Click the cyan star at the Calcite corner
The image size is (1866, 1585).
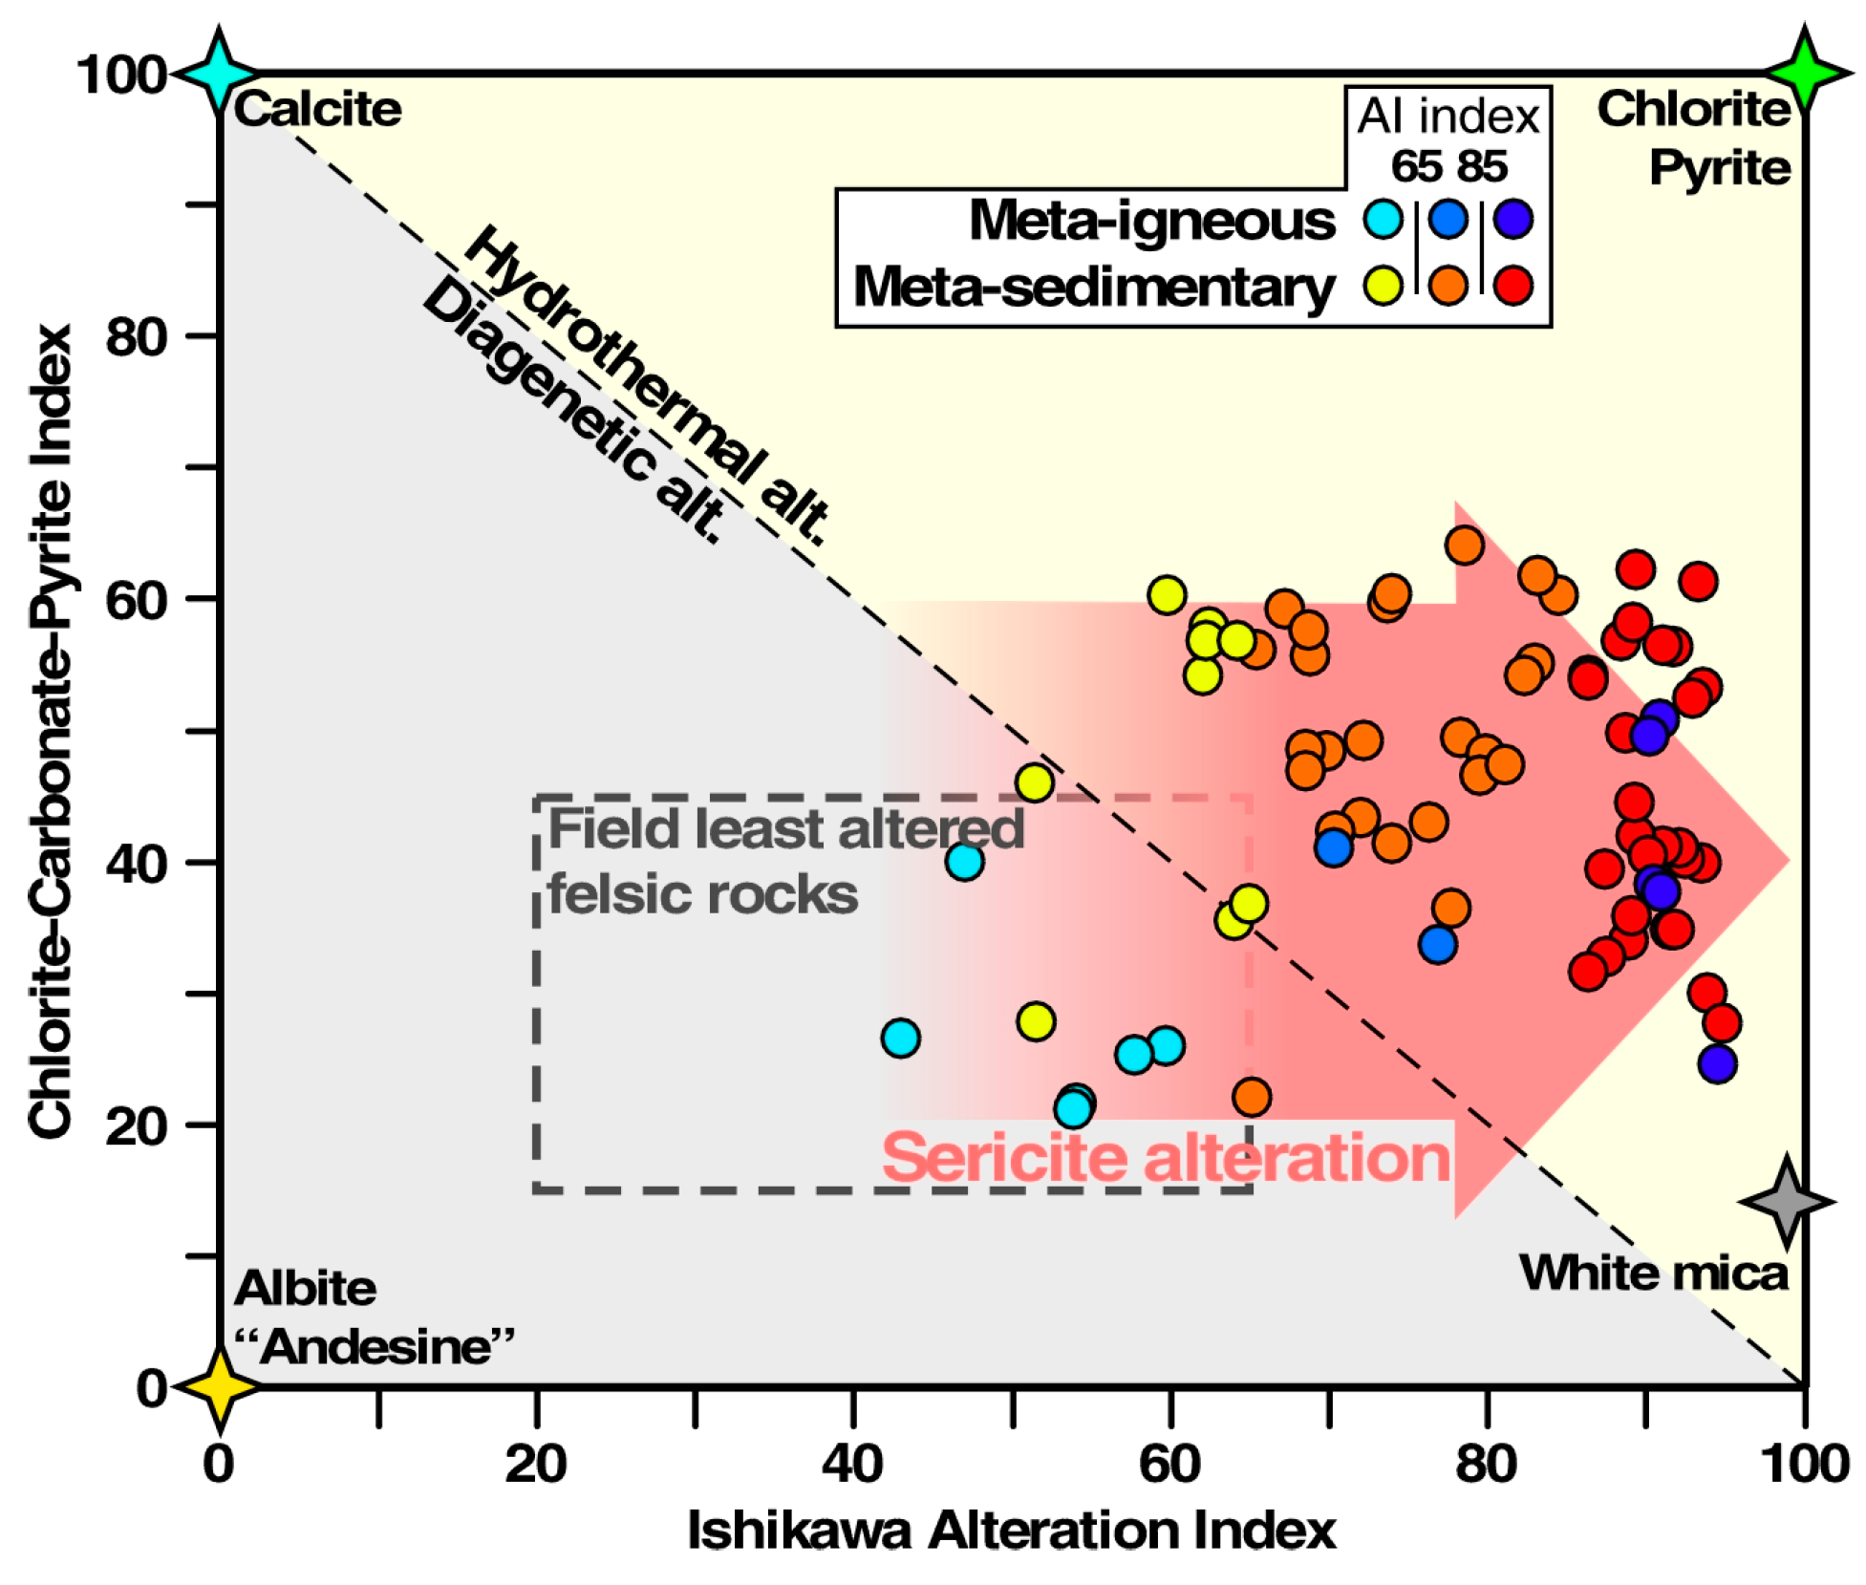pos(219,74)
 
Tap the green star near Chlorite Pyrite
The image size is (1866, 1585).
pos(1804,73)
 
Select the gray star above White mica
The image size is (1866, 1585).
pos(1786,1201)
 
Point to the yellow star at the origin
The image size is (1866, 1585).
pos(220,1386)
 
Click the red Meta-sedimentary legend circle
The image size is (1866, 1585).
pos(1513,285)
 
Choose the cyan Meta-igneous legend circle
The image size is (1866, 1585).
pos(1383,219)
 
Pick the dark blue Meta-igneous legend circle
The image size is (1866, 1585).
pos(1513,219)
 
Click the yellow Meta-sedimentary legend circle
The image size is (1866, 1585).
pos(1383,285)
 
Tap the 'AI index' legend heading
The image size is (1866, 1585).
pos(1448,117)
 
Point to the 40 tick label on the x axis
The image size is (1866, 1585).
pos(852,1464)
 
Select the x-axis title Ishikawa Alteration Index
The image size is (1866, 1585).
pos(1011,1531)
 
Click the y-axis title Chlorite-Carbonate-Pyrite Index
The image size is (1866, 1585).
pos(50,731)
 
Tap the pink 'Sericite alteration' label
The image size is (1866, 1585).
pos(1166,1157)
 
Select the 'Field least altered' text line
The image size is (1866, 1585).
pos(785,827)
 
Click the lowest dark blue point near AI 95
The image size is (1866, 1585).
pos(1717,1063)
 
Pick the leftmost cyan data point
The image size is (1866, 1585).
pos(900,1038)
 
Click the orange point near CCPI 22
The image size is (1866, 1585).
pos(1251,1097)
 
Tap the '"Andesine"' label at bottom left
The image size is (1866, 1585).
pos(375,1347)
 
